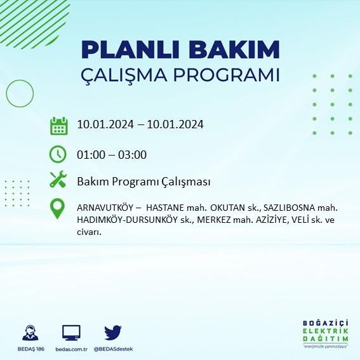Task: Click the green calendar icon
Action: tap(58, 126)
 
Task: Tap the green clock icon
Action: tap(58, 154)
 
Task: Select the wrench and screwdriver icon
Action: tap(58, 181)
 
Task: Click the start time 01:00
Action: tap(90, 154)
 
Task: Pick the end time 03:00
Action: tap(133, 154)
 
